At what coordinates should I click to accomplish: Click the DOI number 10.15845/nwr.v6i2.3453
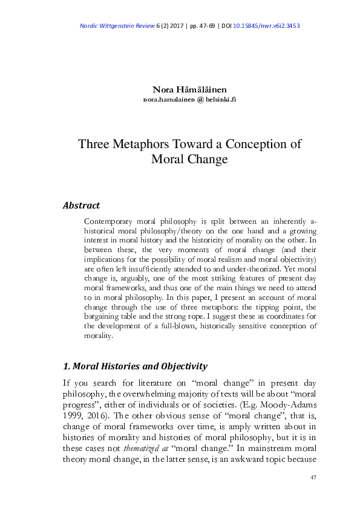click(x=270, y=26)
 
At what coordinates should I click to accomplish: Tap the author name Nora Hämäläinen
click(x=180, y=90)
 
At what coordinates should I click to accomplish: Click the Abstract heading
click(x=81, y=206)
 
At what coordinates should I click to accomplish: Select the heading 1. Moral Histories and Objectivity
click(x=136, y=366)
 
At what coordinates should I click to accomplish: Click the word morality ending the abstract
click(x=98, y=337)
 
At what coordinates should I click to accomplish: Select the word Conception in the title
click(x=261, y=145)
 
